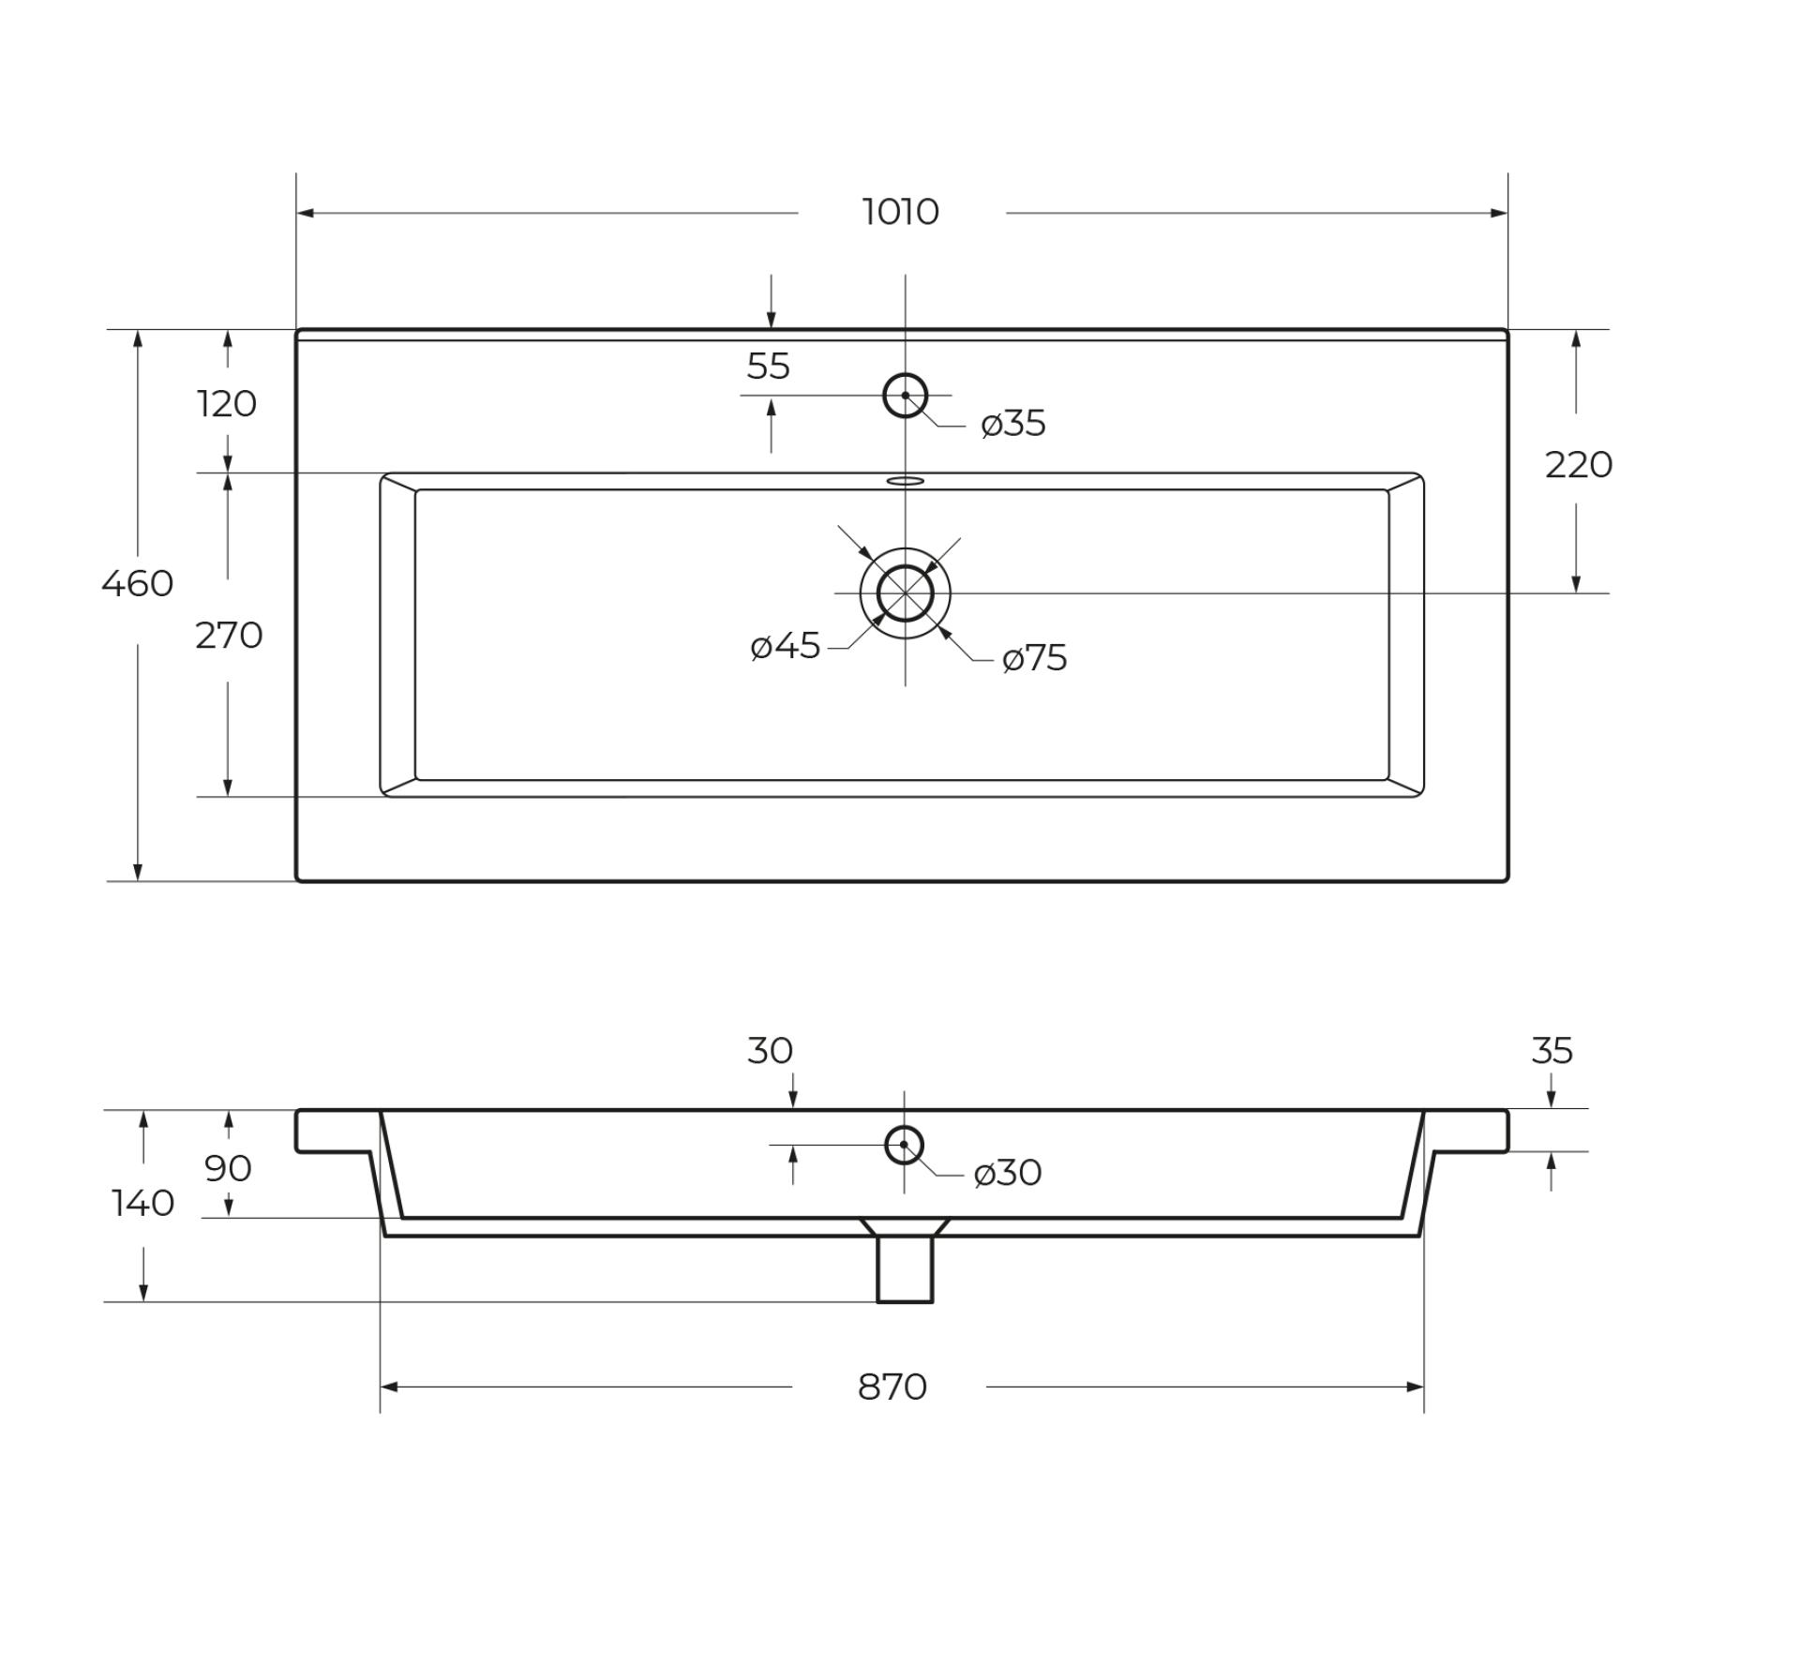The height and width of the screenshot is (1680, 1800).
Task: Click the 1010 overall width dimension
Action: coord(900,212)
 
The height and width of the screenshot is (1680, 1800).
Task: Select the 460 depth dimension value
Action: coord(138,583)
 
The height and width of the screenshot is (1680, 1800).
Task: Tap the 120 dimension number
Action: coord(227,403)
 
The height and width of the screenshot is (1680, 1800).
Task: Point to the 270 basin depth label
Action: coord(229,636)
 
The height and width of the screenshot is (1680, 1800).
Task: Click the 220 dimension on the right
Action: coord(1579,464)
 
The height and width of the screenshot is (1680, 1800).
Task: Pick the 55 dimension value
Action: coord(769,366)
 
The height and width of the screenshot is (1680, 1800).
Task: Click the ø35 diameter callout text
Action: coord(1013,424)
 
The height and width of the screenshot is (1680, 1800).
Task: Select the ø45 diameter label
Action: coord(786,646)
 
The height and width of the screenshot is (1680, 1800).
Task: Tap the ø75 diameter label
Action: coord(1035,658)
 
